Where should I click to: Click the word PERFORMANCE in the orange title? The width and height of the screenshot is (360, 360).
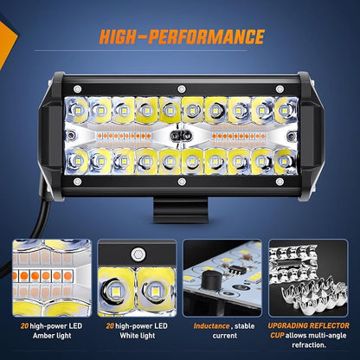206,37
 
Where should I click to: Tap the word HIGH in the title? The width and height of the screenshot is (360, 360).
117,37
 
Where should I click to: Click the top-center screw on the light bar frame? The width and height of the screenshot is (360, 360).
182,89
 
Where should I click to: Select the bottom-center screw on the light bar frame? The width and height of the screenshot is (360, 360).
182,182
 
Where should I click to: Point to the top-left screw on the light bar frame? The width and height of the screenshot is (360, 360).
77,89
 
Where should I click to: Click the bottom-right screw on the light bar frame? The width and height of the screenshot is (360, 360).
280,182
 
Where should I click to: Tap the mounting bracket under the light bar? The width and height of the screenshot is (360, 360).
180,210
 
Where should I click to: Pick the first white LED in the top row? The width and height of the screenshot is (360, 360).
76,110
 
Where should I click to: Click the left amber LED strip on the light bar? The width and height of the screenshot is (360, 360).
125,136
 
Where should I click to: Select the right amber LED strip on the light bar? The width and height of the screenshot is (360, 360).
239,136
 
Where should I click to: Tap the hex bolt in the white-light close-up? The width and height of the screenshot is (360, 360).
137,254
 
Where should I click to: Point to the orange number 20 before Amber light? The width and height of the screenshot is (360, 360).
24,326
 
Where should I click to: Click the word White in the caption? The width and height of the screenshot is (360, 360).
128,336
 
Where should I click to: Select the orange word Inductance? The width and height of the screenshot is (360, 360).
211,326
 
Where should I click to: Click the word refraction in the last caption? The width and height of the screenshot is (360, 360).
309,345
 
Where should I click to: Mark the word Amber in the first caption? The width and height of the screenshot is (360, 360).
42,336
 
